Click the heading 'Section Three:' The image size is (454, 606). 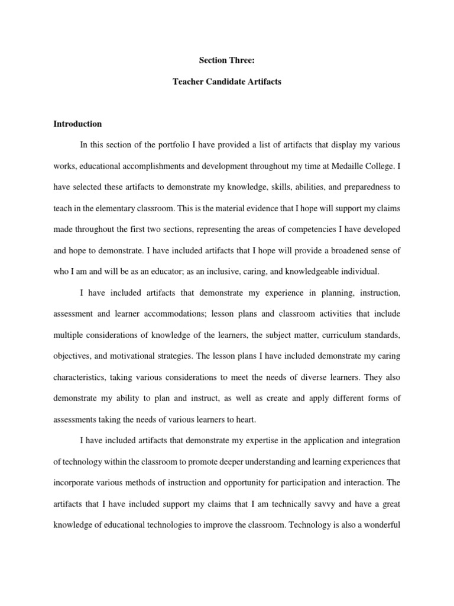tap(226, 60)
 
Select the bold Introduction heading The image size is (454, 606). tap(77, 124)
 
